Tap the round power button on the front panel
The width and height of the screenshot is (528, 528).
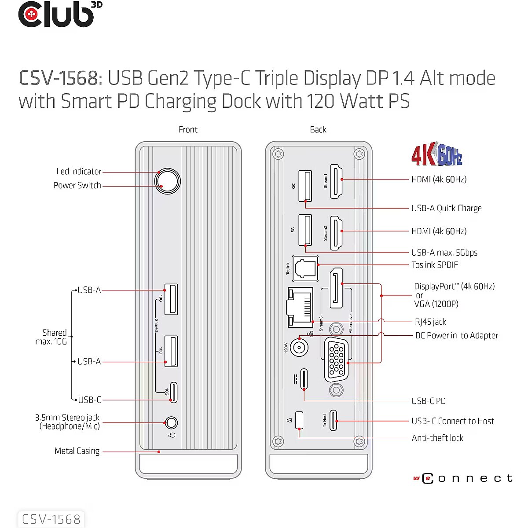pyautogui.click(x=167, y=181)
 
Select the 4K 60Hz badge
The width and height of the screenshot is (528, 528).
pyautogui.click(x=437, y=154)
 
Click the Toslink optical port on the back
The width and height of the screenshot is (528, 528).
pyautogui.click(x=305, y=268)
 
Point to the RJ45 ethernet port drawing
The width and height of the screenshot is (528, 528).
pyautogui.click(x=300, y=308)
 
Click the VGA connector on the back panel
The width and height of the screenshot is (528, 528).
pyautogui.click(x=336, y=360)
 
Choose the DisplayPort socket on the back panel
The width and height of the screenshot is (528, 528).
pyautogui.click(x=336, y=288)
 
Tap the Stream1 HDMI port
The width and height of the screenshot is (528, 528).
pyautogui.click(x=336, y=181)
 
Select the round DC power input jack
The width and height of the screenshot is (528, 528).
pyautogui.click(x=299, y=348)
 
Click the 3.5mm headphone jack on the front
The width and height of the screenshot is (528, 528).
pyautogui.click(x=171, y=423)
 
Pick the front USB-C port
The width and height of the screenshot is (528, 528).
pyautogui.click(x=173, y=392)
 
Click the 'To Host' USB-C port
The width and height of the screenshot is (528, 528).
pyautogui.click(x=333, y=420)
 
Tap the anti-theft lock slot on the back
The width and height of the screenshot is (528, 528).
pyautogui.click(x=299, y=420)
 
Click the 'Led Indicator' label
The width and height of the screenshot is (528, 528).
pyautogui.click(x=79, y=172)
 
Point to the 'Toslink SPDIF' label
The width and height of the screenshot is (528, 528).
pyautogui.click(x=435, y=265)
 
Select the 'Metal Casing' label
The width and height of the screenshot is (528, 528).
pyautogui.click(x=77, y=451)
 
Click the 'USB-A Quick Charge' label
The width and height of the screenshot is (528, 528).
pyautogui.click(x=446, y=208)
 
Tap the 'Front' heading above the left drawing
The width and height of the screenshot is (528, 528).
pyautogui.click(x=188, y=129)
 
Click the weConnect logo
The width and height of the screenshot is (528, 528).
pyautogui.click(x=463, y=478)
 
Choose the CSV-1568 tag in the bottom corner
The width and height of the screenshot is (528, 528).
pyautogui.click(x=51, y=519)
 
